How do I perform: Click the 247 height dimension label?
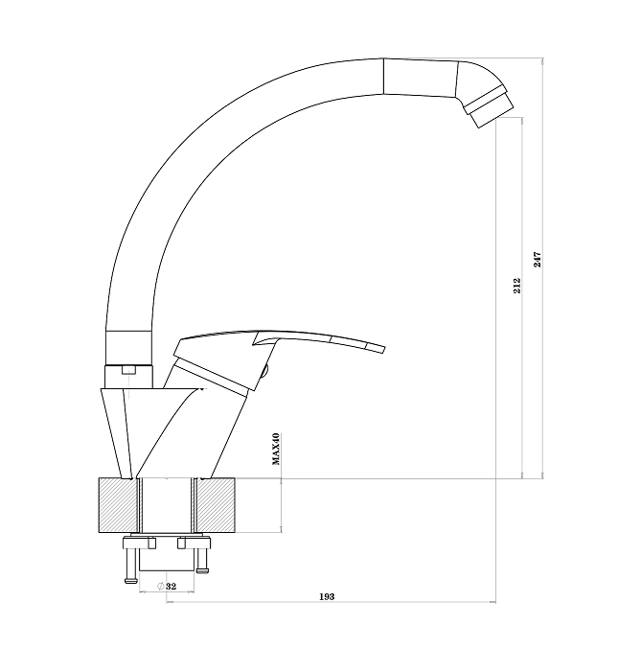coord(537,259)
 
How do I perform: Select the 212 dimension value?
coord(516,286)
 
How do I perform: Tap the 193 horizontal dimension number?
coord(327,596)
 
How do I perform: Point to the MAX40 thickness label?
coord(276,449)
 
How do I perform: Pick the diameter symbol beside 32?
coord(160,586)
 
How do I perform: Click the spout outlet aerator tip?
coord(492,109)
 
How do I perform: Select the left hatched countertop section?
coord(118,505)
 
